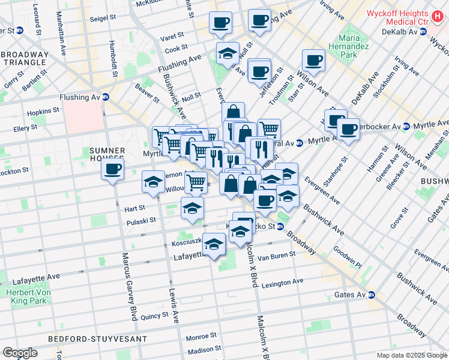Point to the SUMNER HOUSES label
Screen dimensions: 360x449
tap(107, 154)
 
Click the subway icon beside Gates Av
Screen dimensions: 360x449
tap(372, 295)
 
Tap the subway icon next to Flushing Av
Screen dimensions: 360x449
tap(106, 97)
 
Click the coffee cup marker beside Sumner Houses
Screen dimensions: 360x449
tap(112, 170)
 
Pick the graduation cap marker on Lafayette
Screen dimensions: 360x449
tap(214, 244)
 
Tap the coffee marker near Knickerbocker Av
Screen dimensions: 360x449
tap(347, 129)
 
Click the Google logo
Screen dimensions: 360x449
tap(20, 353)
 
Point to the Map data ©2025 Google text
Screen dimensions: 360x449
tap(411, 355)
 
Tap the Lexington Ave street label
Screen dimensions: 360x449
tap(282, 282)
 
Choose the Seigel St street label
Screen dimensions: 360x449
tap(103, 18)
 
